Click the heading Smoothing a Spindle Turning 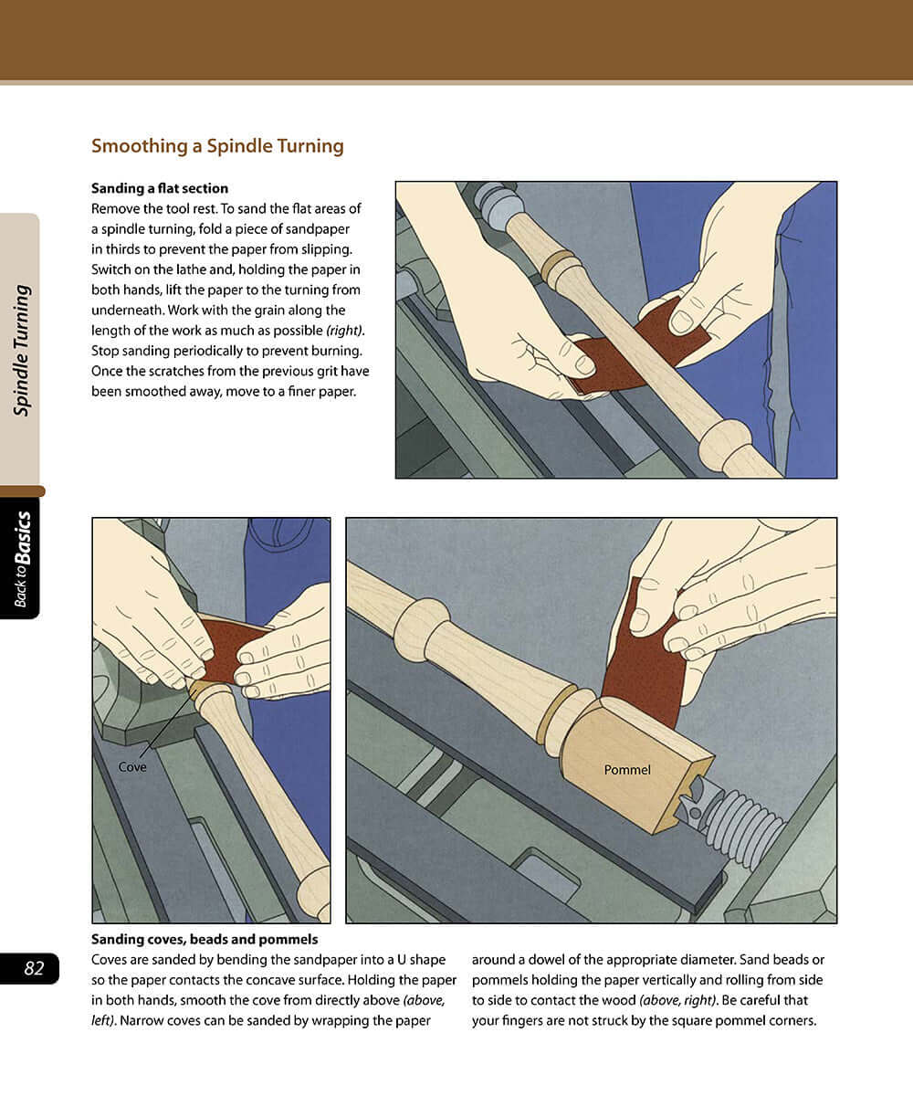(217, 146)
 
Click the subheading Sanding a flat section (160, 188)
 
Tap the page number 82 (34, 969)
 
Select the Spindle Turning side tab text (21, 351)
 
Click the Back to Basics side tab (21, 558)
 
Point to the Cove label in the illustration (132, 767)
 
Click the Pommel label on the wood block (627, 770)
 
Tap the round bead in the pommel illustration (421, 627)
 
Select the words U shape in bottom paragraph (416, 960)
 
